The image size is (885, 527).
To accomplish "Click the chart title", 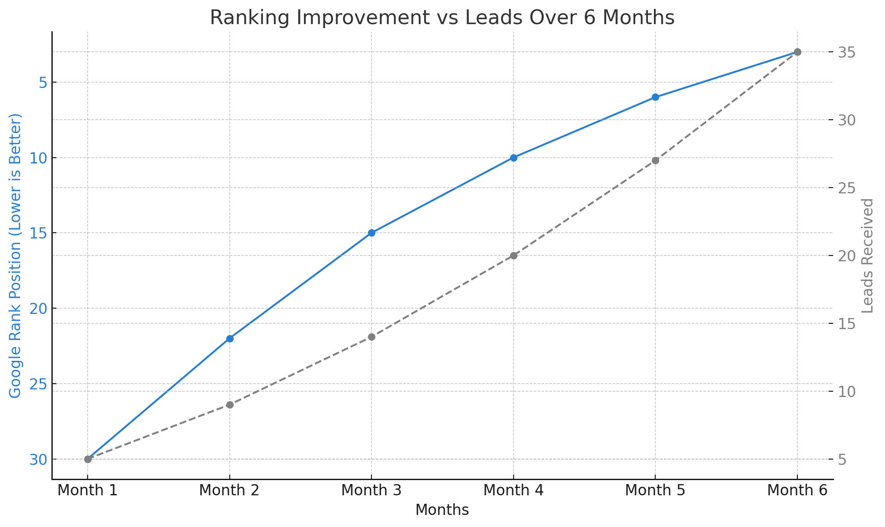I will (442, 18).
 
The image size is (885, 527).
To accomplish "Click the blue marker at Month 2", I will (230, 339).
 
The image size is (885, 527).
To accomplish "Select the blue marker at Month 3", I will (371, 233).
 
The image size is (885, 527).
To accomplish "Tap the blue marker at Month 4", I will (514, 158).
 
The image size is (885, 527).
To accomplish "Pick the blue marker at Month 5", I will (655, 97).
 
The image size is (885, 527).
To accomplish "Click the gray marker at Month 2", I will (230, 405).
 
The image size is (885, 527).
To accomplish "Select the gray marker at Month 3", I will (371, 337).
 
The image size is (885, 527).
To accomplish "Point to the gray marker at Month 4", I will (514, 255).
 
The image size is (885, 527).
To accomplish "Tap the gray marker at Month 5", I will (655, 160).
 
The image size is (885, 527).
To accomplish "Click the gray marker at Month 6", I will (797, 52).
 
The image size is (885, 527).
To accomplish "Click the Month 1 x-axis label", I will (88, 490).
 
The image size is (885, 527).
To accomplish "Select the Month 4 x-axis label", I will (514, 490).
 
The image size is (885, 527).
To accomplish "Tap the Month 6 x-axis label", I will (797, 490).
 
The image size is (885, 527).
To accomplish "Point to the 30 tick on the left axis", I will (38, 460).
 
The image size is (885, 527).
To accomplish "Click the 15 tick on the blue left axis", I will (38, 233).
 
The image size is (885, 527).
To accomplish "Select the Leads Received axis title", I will (867, 255).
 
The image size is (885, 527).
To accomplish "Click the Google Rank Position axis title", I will (15, 255).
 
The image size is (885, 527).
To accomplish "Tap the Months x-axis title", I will (442, 510).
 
